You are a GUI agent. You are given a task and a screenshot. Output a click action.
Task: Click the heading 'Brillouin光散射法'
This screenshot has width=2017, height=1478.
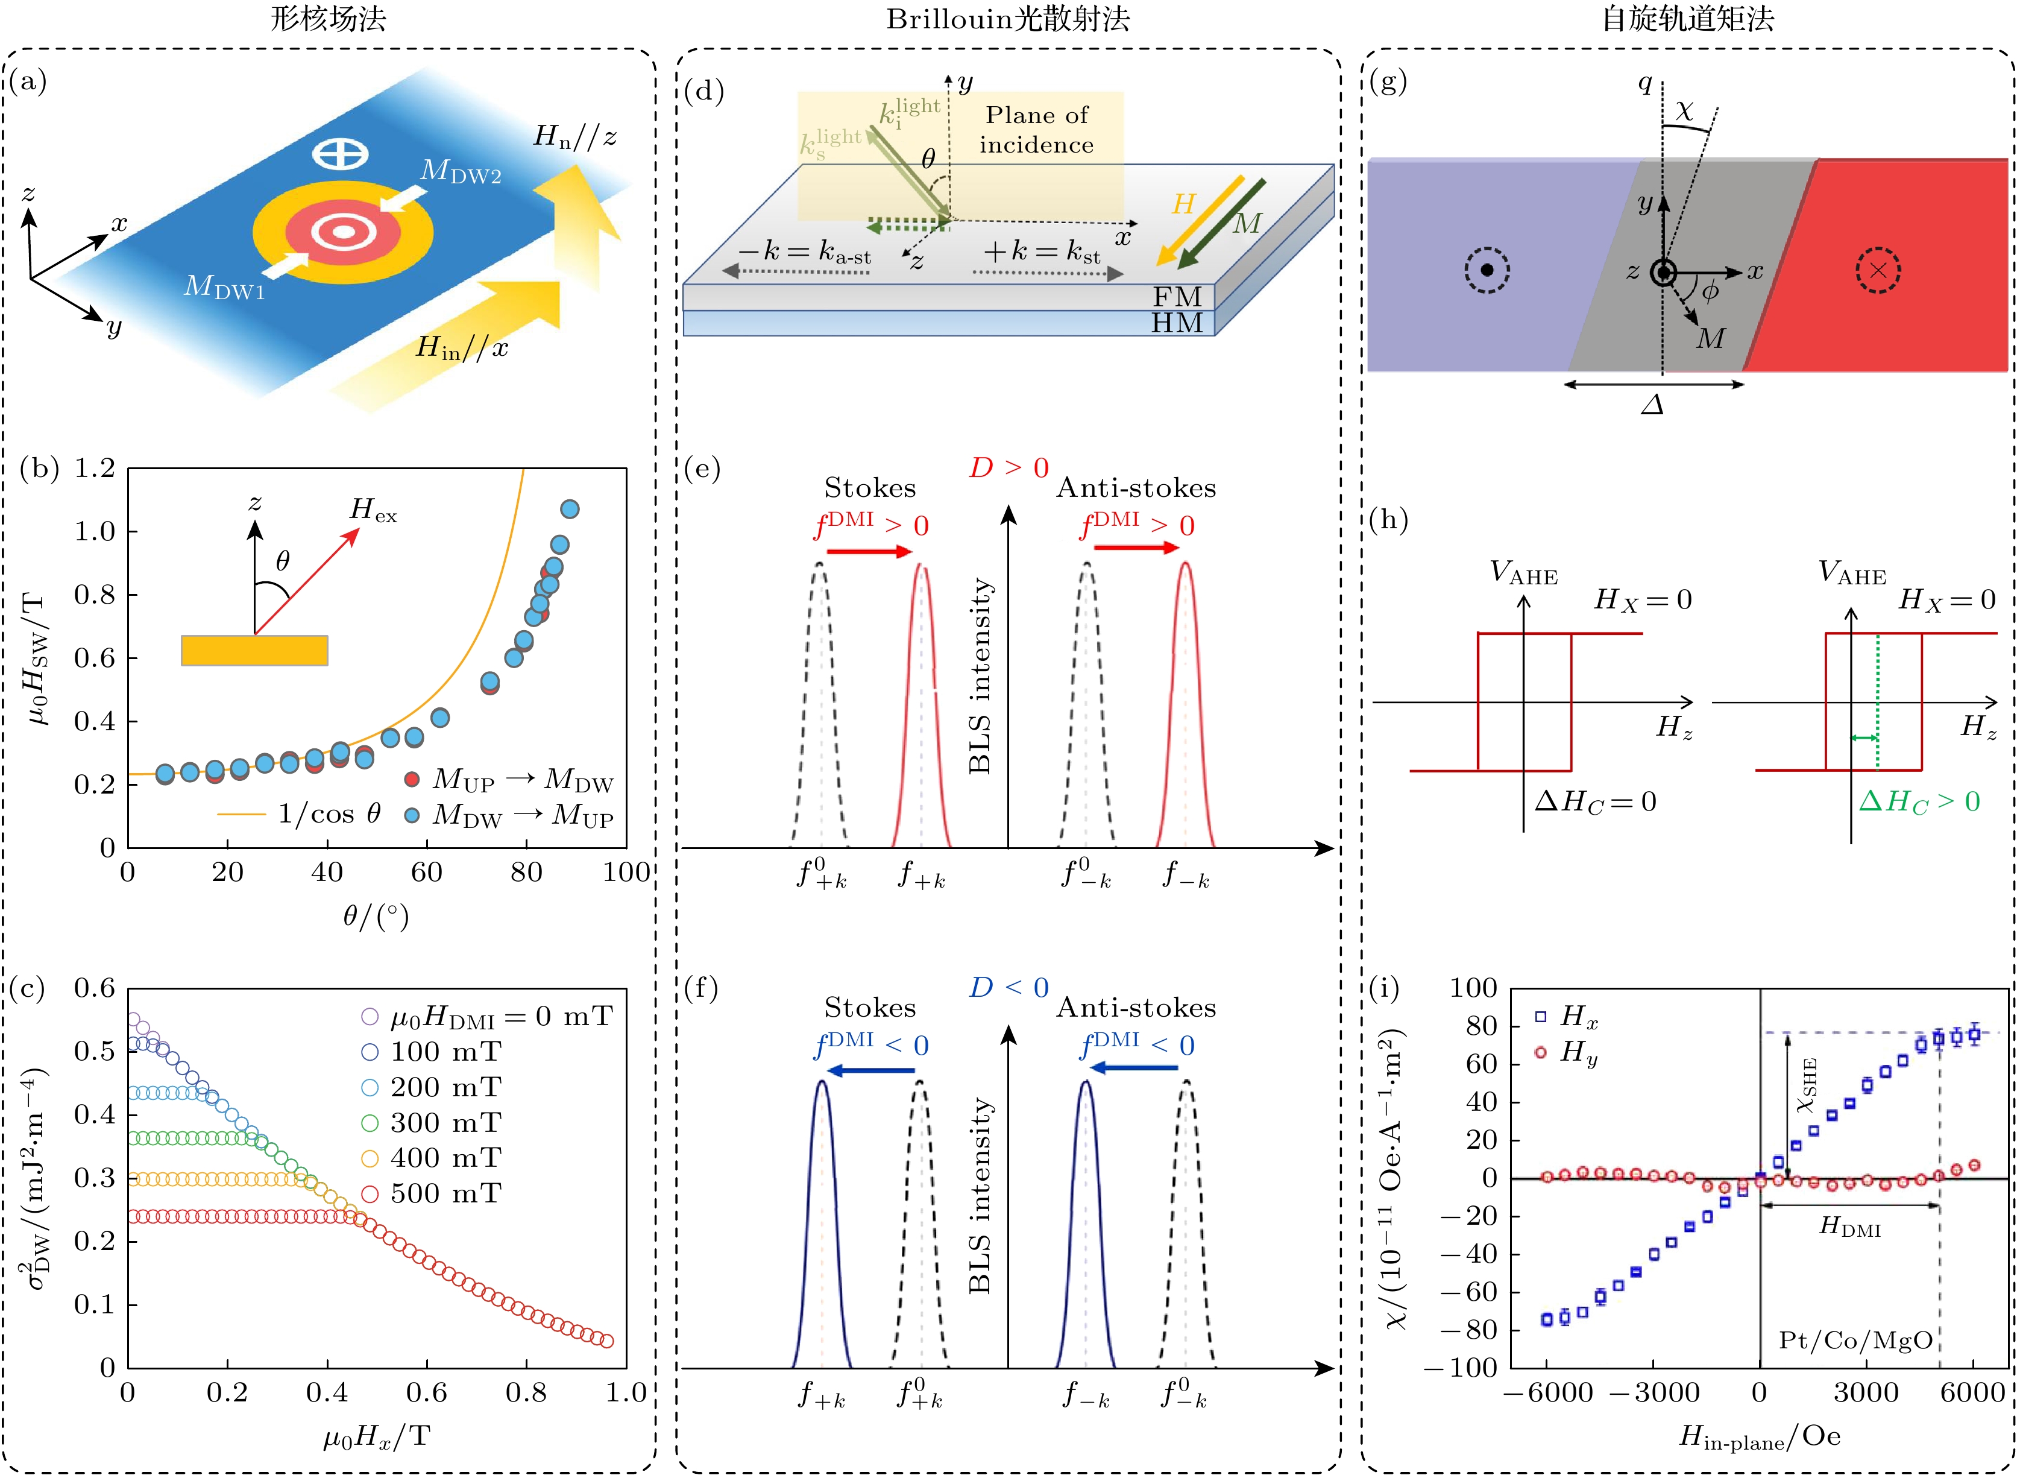[x=1007, y=20]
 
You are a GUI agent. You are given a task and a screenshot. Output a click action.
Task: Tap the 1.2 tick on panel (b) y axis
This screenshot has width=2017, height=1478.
[x=94, y=468]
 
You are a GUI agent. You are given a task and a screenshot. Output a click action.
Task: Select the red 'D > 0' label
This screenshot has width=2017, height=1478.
[x=1008, y=468]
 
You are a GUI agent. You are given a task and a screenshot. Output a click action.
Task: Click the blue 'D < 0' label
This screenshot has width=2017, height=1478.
[x=1008, y=988]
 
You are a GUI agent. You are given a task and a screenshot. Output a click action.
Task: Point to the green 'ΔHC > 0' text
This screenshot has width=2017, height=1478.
[x=1919, y=801]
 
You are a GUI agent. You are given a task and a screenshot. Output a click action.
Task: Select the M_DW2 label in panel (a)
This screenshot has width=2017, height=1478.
[x=461, y=171]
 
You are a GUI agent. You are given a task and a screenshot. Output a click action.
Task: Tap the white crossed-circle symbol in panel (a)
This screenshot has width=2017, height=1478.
[x=340, y=154]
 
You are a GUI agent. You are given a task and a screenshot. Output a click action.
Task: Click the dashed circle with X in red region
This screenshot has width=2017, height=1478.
[x=1878, y=270]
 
